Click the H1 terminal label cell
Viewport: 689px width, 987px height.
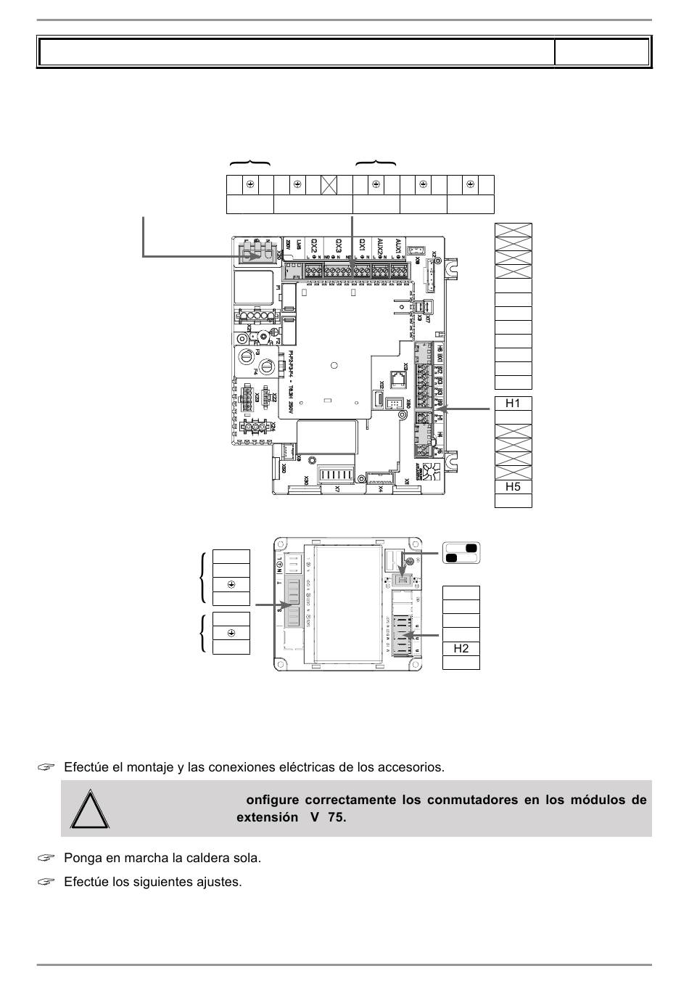point(513,404)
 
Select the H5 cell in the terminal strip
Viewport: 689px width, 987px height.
point(513,487)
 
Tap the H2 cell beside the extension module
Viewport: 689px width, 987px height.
point(461,648)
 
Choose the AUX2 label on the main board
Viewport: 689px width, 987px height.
point(379,247)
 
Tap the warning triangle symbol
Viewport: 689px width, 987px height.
point(90,808)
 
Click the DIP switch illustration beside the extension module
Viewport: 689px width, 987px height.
point(461,552)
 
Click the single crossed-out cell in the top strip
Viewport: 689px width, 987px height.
point(329,185)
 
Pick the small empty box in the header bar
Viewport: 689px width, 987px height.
point(601,52)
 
